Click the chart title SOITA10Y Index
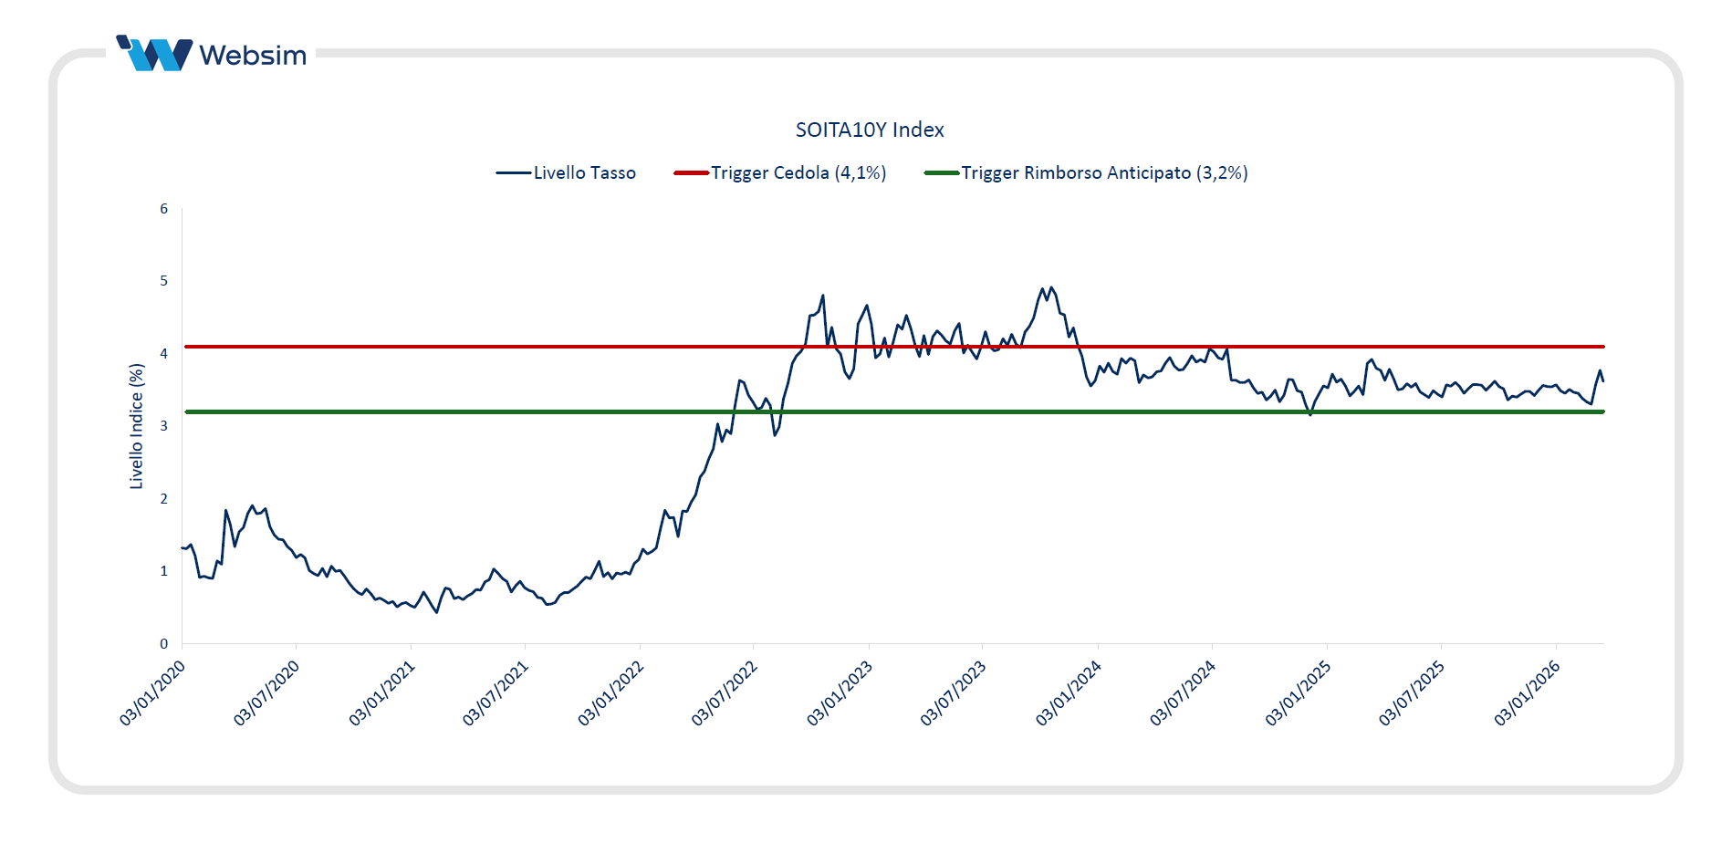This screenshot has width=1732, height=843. tap(869, 130)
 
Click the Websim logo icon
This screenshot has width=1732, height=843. tap(154, 54)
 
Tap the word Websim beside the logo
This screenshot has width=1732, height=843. tap(253, 56)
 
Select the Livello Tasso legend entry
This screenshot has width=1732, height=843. tap(566, 172)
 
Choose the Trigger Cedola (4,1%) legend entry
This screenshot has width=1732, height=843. tap(780, 172)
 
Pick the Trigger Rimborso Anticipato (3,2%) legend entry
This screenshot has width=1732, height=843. tap(1086, 172)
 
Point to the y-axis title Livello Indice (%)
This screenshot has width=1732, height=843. tap(137, 426)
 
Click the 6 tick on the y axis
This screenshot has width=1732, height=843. tap(164, 209)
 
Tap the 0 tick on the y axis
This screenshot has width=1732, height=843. tap(164, 644)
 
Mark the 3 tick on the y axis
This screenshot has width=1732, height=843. tap(164, 426)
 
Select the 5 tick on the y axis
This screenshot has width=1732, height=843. tap(164, 281)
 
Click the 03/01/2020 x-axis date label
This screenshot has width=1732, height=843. tap(152, 693)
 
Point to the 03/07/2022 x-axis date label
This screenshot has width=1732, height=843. tap(725, 693)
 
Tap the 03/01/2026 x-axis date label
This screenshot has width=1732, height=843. tap(1527, 693)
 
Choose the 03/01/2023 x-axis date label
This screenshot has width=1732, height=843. tap(840, 693)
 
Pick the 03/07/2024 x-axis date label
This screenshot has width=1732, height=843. tap(1183, 693)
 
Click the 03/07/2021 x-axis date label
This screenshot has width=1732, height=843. tap(496, 693)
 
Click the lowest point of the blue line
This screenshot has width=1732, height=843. tap(437, 612)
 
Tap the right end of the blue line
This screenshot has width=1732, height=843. tap(1603, 380)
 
